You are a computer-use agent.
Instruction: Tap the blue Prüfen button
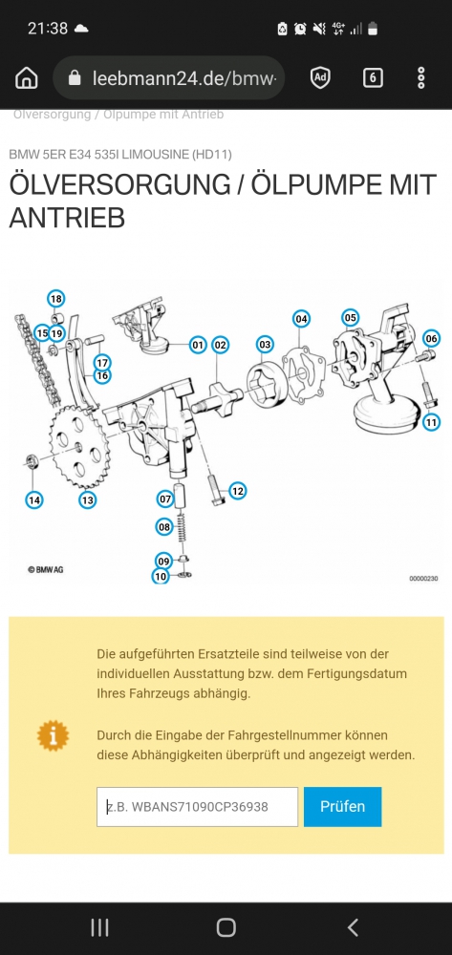pos(342,806)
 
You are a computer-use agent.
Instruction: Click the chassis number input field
pos(198,806)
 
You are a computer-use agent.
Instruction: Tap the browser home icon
pos(26,78)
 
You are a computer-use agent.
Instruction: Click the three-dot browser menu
pos(420,78)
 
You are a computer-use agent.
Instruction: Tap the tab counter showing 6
pos(373,78)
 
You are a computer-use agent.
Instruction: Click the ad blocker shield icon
pos(320,78)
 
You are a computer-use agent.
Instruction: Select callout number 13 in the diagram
pos(88,500)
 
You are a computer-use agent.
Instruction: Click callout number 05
pos(351,317)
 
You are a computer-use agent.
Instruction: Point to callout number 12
pos(238,490)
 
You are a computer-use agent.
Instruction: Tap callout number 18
pos(56,298)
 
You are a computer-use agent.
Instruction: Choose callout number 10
pos(161,576)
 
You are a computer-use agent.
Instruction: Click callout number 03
pos(265,344)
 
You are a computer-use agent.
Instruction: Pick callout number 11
pos(431,421)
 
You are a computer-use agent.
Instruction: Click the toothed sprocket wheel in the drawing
pos(79,448)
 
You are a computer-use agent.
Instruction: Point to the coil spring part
pos(181,528)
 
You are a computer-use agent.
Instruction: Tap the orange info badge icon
pos(53,735)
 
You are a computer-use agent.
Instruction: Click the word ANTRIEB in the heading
pos(67,218)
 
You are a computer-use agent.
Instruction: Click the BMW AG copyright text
pos(45,570)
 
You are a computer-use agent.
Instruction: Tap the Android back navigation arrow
pos(353,927)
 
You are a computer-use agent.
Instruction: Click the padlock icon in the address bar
pos(75,77)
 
